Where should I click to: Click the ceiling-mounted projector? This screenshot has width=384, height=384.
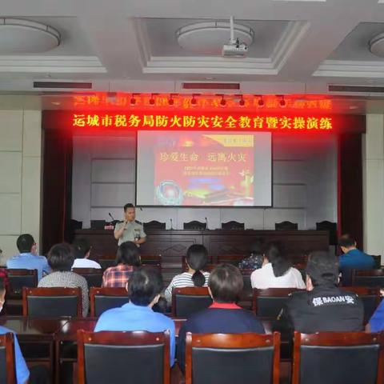(234, 49)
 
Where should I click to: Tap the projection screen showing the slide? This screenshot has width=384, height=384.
(203, 168)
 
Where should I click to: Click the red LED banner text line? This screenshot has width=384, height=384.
(202, 122)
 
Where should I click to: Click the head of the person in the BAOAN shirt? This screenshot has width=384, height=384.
(322, 268)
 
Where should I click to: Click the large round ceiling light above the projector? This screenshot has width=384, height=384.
(214, 35)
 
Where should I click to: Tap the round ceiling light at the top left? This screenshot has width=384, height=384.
(26, 35)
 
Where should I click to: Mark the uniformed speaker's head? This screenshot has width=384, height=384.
(130, 210)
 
